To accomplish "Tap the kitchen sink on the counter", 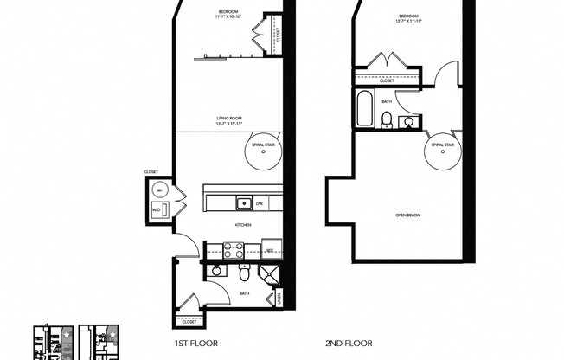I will click(245, 203).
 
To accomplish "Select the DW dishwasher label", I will click(260, 203).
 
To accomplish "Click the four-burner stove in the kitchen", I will click(234, 250).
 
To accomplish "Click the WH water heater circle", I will click(158, 190).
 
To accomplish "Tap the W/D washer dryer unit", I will click(157, 209).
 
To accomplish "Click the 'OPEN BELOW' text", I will click(407, 215).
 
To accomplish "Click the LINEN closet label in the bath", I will click(279, 299).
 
